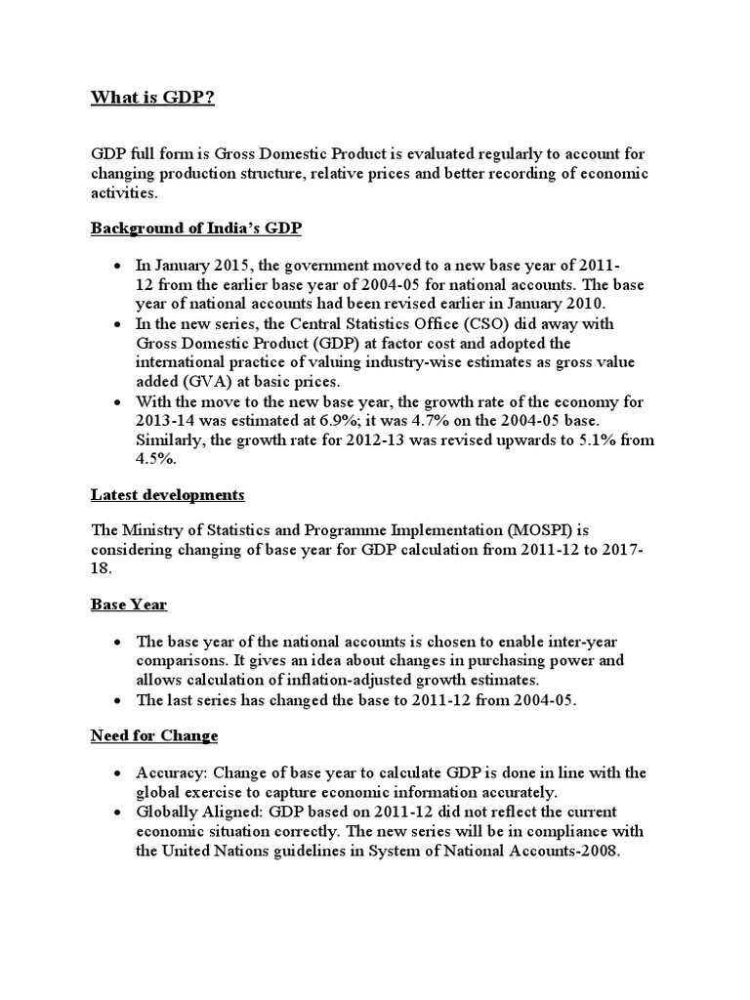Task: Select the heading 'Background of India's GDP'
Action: click(x=196, y=229)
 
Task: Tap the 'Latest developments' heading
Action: click(x=167, y=495)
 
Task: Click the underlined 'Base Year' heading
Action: click(x=129, y=604)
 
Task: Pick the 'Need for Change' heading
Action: click(x=154, y=735)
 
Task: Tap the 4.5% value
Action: click(x=154, y=458)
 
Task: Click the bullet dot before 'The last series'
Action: click(x=117, y=699)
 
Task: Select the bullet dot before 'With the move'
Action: click(x=117, y=402)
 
